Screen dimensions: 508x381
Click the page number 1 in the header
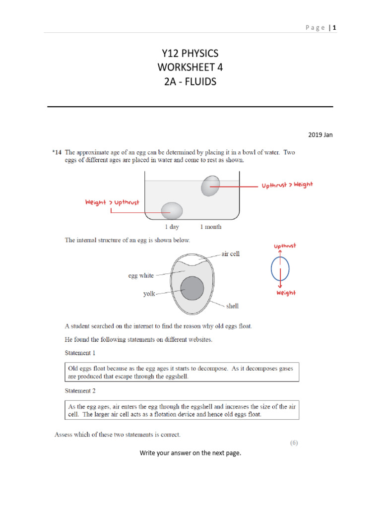[334, 28]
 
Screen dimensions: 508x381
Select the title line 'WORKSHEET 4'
[190, 67]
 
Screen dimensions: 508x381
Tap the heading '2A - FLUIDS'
[190, 81]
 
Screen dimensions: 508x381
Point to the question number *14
[57, 152]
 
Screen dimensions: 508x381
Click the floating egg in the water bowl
[210, 186]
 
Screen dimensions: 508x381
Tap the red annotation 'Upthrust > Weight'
[287, 185]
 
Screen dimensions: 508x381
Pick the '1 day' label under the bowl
[172, 227]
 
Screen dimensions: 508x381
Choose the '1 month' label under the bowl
[210, 227]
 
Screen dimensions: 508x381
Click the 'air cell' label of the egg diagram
[230, 254]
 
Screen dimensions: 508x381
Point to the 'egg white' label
[141, 275]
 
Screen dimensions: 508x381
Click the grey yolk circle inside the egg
[192, 288]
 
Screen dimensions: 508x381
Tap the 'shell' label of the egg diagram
[232, 306]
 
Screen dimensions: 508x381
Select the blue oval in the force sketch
[280, 270]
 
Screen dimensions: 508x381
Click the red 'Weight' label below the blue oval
[286, 293]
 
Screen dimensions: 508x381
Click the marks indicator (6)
[294, 443]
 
